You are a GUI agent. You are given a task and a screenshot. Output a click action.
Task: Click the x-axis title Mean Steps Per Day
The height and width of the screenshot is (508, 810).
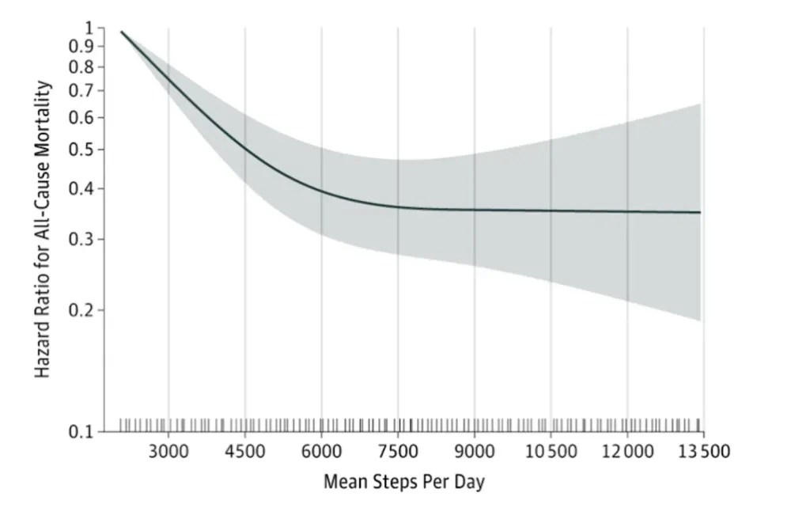[x=403, y=481]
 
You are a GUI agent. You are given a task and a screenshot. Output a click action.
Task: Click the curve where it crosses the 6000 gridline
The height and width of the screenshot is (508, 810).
[x=321, y=190]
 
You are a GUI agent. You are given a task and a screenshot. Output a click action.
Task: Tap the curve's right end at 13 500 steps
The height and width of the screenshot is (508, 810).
[x=700, y=212]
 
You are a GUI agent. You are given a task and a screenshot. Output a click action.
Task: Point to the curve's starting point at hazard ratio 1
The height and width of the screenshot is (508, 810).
[x=122, y=32]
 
